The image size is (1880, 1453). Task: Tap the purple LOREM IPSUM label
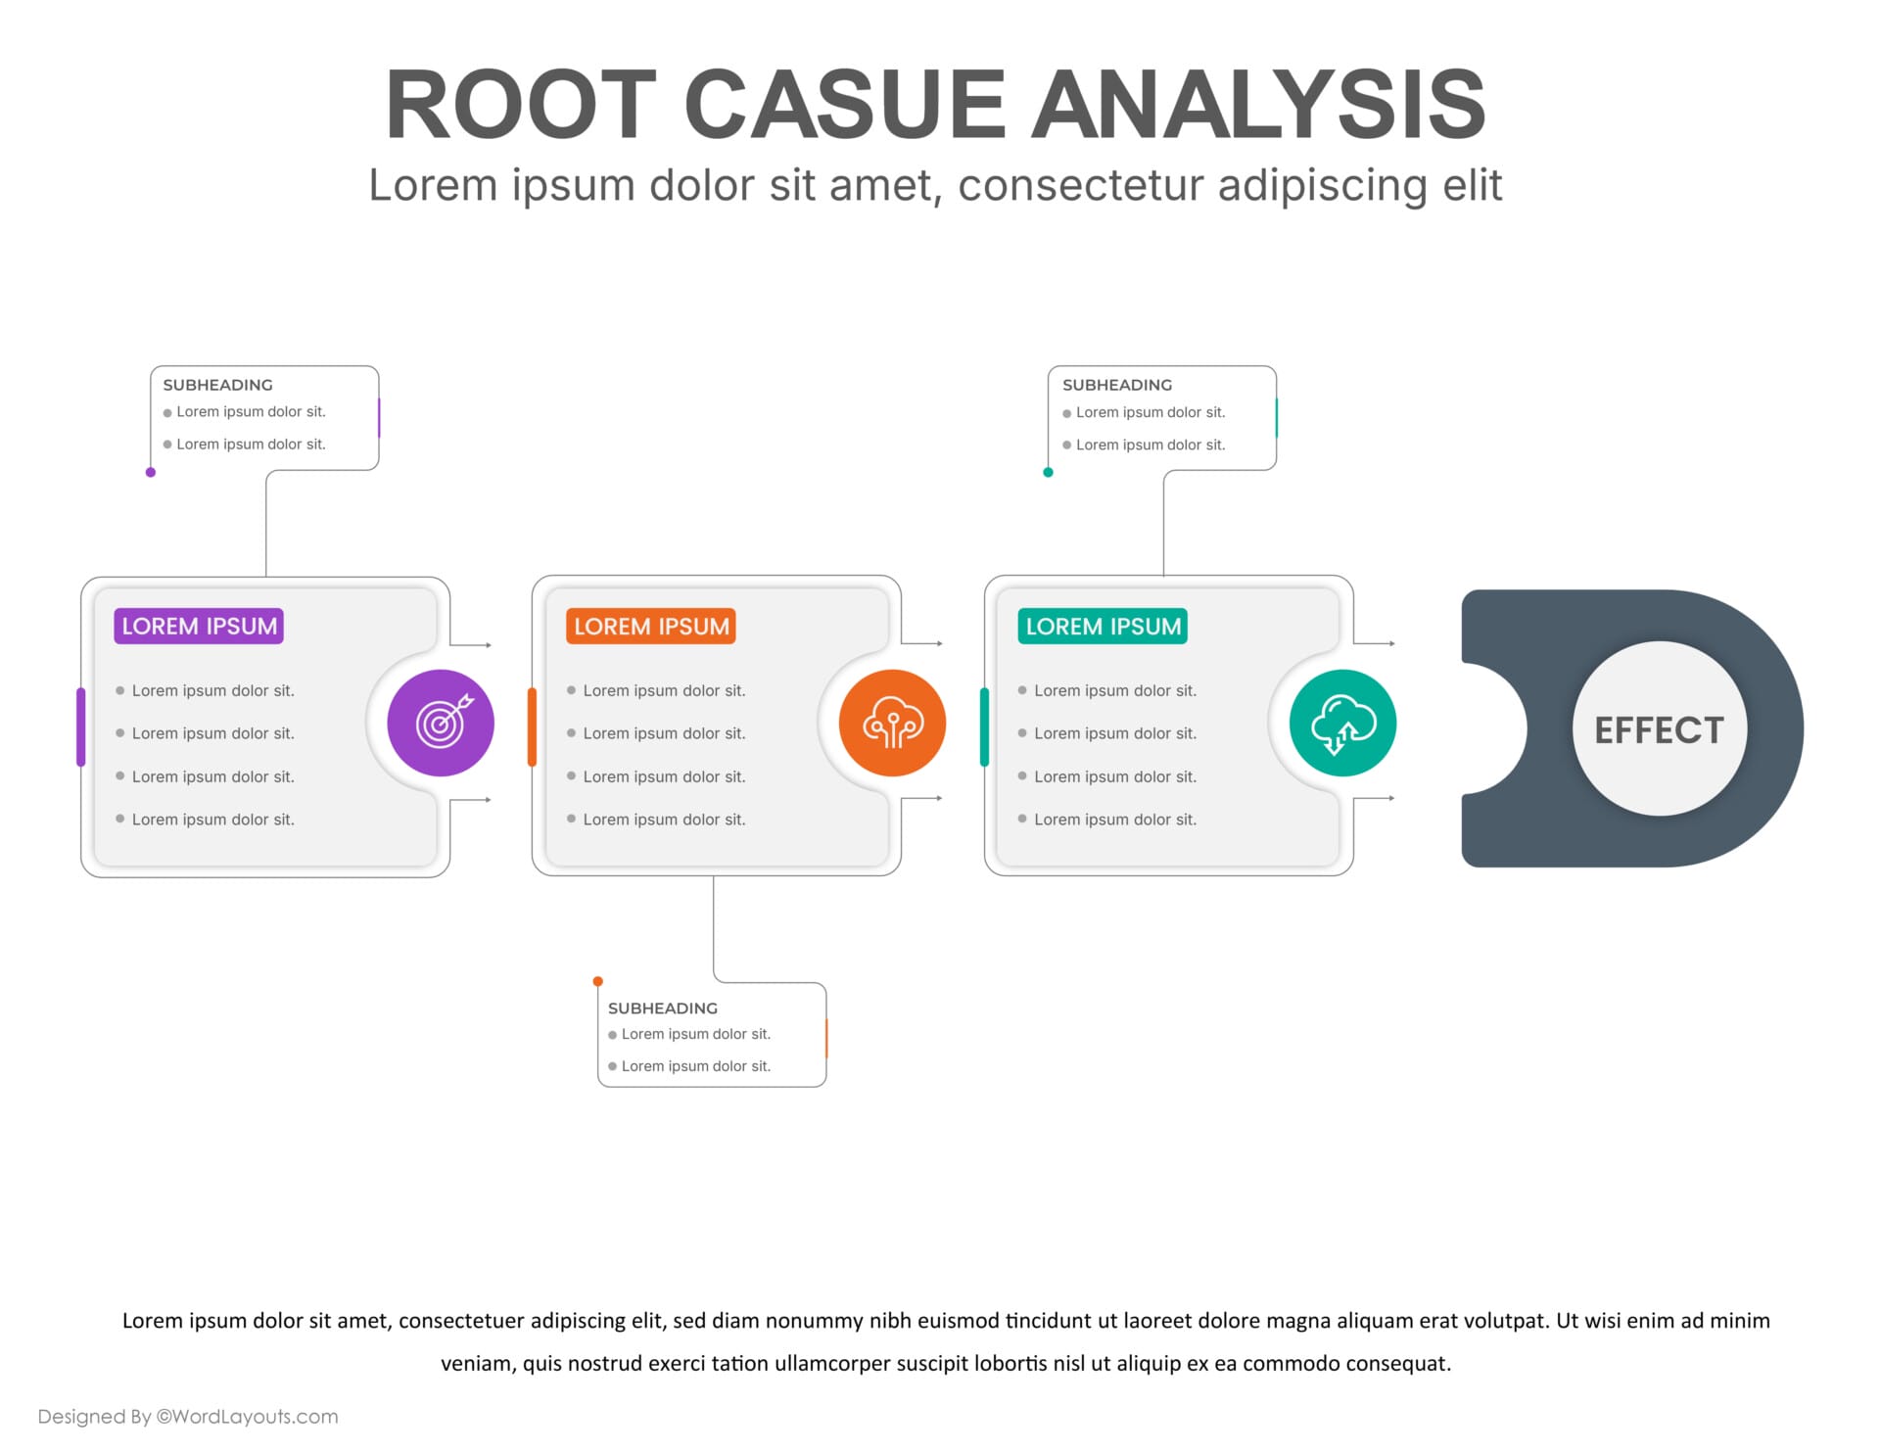tap(199, 627)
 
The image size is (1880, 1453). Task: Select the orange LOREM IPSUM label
tap(651, 627)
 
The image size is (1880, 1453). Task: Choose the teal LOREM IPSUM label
tap(1103, 627)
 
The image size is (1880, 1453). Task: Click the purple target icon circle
tap(441, 724)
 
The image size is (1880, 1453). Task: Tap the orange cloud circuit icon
tap(892, 724)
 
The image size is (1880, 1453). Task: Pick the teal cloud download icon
tap(1342, 724)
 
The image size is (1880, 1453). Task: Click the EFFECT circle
tap(1659, 729)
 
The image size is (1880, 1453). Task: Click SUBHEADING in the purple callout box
tap(217, 385)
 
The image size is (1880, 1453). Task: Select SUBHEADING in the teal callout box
tap(1116, 385)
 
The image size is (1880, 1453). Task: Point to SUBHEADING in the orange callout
tap(662, 1008)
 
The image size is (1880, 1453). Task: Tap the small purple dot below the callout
tap(151, 472)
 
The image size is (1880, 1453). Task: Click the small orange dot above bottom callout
tap(598, 981)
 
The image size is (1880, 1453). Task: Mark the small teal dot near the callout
tap(1048, 472)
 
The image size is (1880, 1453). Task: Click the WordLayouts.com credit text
tap(188, 1416)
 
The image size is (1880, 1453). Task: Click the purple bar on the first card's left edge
tap(81, 726)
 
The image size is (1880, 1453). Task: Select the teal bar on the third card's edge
tap(984, 726)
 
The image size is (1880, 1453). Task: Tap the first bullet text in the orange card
tap(664, 690)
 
